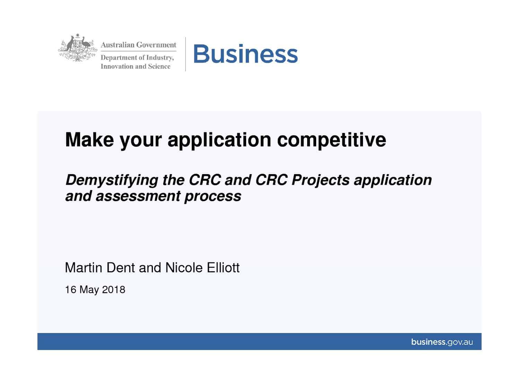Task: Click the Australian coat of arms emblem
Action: pos(78,48)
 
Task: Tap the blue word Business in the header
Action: pos(245,54)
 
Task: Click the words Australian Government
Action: pos(138,45)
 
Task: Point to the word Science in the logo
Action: pos(159,67)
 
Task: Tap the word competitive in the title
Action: pos(331,140)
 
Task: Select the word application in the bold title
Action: pos(219,140)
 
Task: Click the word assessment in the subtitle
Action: pos(138,196)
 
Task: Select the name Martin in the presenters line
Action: pos(84,267)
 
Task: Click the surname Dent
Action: pos(121,267)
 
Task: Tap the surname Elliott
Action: pos(223,267)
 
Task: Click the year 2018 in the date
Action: pos(113,290)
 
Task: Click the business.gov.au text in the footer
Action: pos(442,342)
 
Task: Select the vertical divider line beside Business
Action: pos(185,54)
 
